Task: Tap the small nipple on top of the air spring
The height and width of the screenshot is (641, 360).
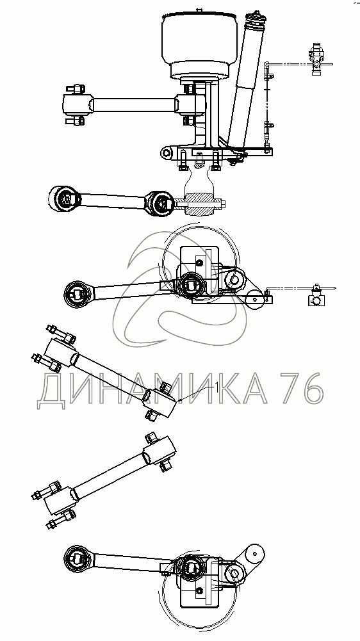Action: click(x=199, y=9)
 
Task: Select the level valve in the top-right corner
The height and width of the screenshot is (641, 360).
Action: click(x=317, y=58)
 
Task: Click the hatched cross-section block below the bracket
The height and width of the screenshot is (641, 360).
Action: click(x=199, y=204)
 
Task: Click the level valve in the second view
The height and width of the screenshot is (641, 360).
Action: click(x=315, y=297)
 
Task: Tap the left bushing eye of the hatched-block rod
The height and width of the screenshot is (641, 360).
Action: click(x=64, y=200)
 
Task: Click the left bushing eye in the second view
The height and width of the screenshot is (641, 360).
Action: click(x=78, y=294)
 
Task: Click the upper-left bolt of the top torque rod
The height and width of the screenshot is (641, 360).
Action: click(x=75, y=89)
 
